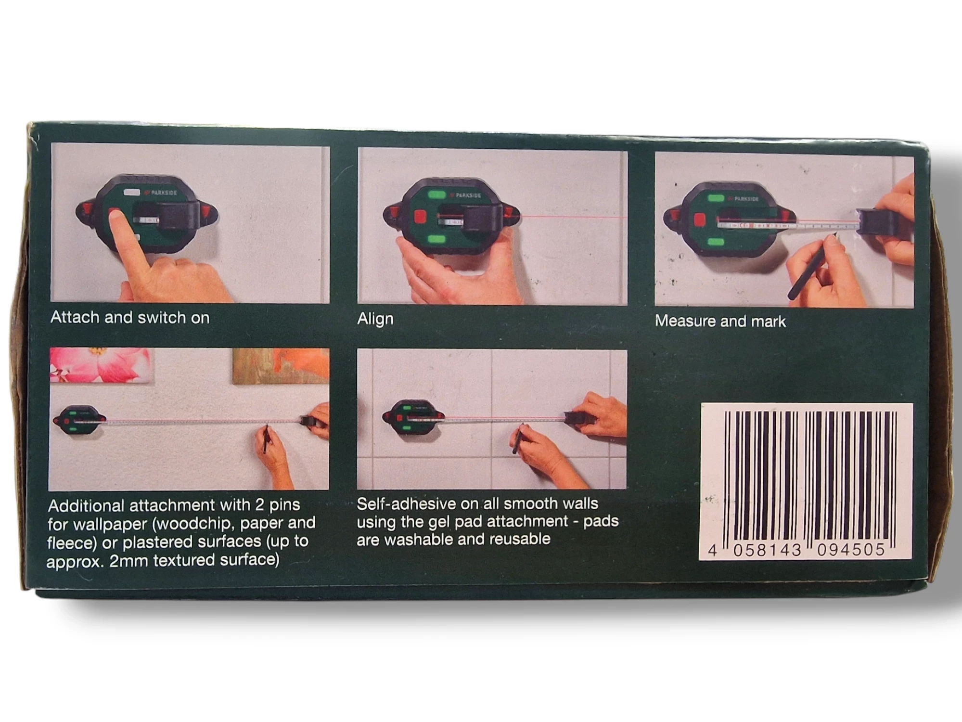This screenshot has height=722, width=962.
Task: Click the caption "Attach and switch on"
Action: click(130, 318)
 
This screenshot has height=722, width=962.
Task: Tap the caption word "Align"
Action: click(375, 319)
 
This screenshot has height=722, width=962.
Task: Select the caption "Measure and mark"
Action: click(720, 321)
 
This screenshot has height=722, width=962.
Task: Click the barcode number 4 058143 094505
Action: click(796, 550)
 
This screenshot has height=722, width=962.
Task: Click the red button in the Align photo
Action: click(420, 217)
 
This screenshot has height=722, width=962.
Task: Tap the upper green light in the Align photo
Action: click(437, 195)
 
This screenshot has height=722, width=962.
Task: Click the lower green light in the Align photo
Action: click(436, 239)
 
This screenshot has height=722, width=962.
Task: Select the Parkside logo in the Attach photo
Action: click(161, 193)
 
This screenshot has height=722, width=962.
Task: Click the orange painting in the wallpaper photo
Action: click(281, 366)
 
